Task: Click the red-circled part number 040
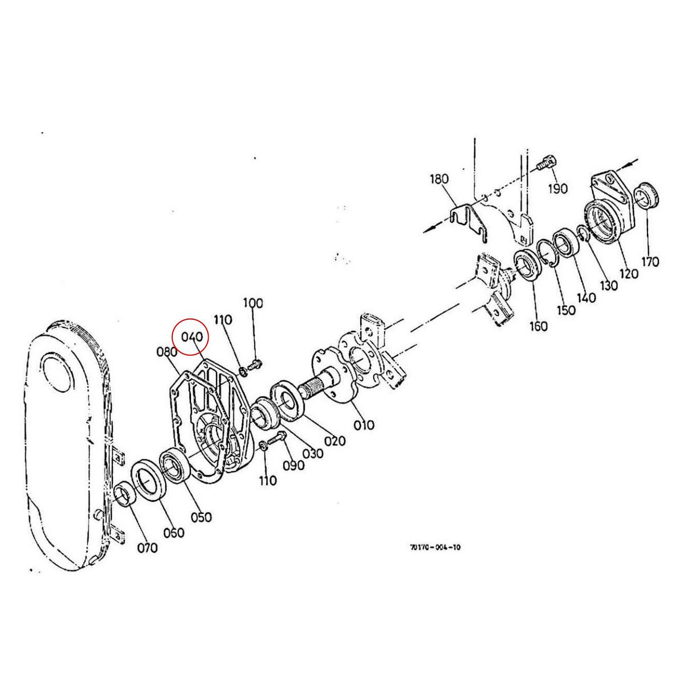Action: coord(192,337)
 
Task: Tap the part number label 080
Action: coord(166,352)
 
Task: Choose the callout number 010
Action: coord(364,424)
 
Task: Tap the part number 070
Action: coord(146,548)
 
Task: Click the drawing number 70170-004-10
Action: coord(435,547)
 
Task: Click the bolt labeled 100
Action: coord(255,363)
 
